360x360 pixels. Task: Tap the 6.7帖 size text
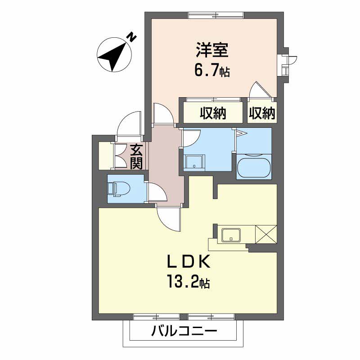tap(212, 70)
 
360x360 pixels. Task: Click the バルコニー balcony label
tap(184, 333)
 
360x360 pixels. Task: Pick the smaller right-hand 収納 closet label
tap(262, 114)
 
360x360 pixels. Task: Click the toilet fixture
tap(117, 189)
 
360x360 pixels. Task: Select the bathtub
tap(253, 167)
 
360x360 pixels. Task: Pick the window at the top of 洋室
tap(216, 16)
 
